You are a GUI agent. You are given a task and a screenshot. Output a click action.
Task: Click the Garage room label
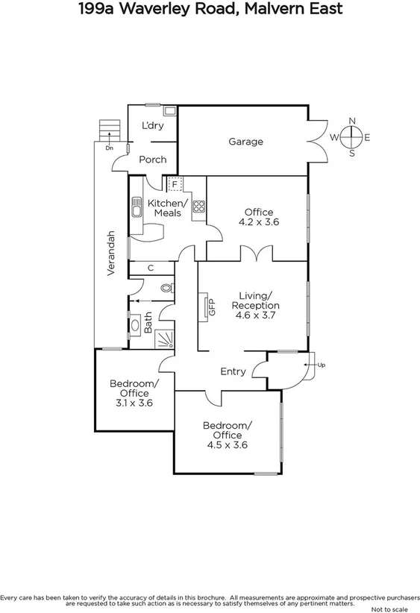click(x=245, y=142)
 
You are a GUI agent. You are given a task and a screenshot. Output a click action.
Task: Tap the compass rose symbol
click(x=353, y=137)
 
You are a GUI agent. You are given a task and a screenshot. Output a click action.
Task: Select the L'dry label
click(x=152, y=125)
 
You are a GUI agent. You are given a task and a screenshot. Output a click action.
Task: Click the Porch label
click(x=153, y=160)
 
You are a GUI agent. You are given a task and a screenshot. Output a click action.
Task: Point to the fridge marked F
click(x=175, y=183)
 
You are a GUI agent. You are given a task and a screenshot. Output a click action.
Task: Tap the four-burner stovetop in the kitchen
click(x=199, y=207)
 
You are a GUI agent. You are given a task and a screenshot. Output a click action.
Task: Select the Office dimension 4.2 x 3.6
click(x=259, y=222)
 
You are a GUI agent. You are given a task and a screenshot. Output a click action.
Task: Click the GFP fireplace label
click(x=212, y=306)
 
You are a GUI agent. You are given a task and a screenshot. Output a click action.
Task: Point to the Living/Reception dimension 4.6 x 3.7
click(x=256, y=315)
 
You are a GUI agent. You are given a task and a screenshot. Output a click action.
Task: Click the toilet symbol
click(x=166, y=287)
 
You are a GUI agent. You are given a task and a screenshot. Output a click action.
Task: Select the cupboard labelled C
click(x=150, y=268)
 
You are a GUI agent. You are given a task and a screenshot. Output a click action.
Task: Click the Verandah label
click(x=110, y=254)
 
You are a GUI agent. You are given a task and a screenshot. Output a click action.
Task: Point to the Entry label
click(x=233, y=371)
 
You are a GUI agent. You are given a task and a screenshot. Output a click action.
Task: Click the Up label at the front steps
click(x=322, y=365)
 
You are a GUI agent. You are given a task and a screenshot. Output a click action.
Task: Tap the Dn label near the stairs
click(x=109, y=148)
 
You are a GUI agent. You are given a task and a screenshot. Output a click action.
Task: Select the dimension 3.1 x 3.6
click(x=134, y=403)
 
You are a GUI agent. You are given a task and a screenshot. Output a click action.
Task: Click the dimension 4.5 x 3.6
click(x=228, y=445)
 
